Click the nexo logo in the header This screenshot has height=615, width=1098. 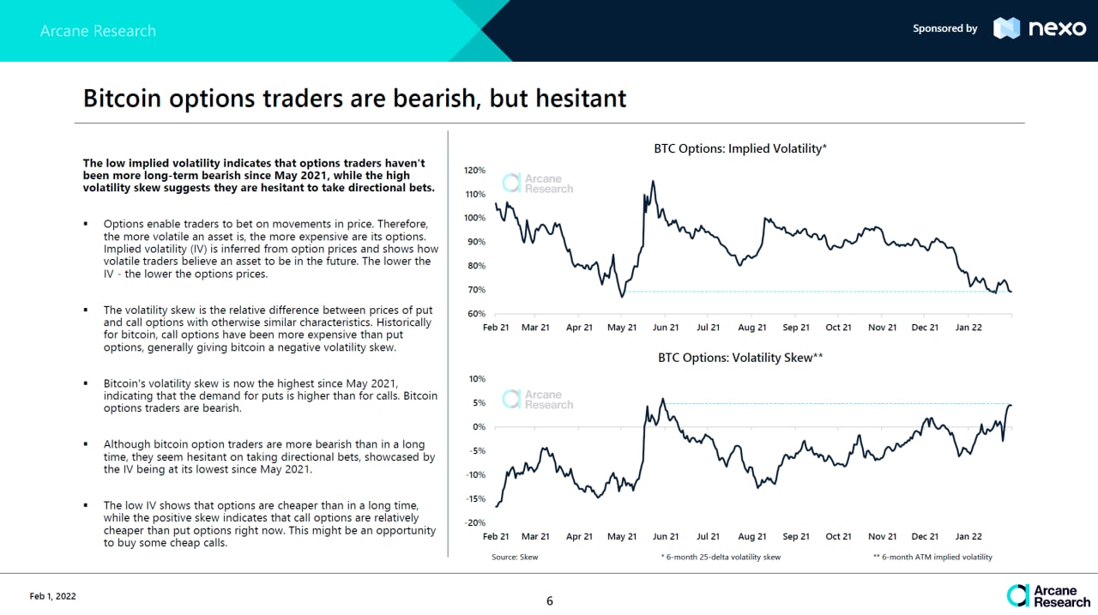point(1039,28)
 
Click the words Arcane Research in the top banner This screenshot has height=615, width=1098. point(98,31)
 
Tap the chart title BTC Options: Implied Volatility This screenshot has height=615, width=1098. point(739,148)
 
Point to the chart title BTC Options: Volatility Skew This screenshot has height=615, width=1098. point(739,359)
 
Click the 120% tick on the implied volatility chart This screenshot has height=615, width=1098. point(474,170)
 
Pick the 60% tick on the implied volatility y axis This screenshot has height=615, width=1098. point(477,314)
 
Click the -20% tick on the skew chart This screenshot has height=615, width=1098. point(474,523)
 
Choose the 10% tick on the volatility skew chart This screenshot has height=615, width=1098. point(477,378)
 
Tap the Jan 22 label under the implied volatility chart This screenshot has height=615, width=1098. point(968,328)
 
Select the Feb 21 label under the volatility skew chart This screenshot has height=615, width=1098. point(496,537)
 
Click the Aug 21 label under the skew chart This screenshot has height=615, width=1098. point(751,537)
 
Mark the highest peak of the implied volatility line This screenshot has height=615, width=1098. point(654,181)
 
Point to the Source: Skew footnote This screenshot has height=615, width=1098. point(515,558)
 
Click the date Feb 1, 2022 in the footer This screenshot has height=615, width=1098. point(52,596)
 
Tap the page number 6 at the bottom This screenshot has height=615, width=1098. point(550,601)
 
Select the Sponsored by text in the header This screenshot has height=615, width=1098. point(944,28)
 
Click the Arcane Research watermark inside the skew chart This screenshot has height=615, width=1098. point(538,400)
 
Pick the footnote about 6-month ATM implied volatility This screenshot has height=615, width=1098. point(932,558)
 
